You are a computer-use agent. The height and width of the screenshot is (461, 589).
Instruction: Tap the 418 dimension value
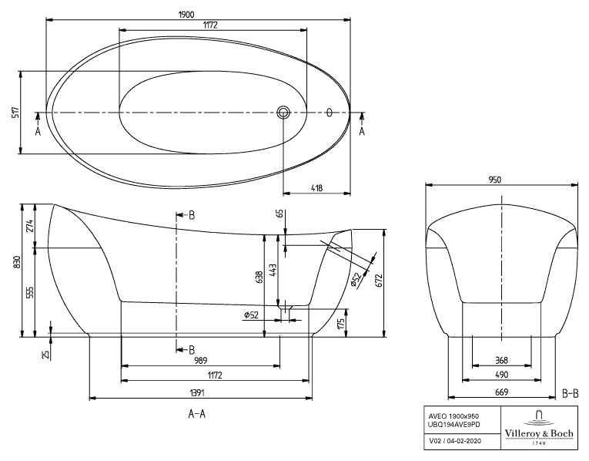316,187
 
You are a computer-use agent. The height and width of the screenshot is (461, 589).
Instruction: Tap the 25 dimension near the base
45,354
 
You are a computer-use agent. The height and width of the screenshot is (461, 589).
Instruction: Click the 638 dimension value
259,277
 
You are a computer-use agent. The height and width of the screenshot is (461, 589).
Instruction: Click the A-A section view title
197,414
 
